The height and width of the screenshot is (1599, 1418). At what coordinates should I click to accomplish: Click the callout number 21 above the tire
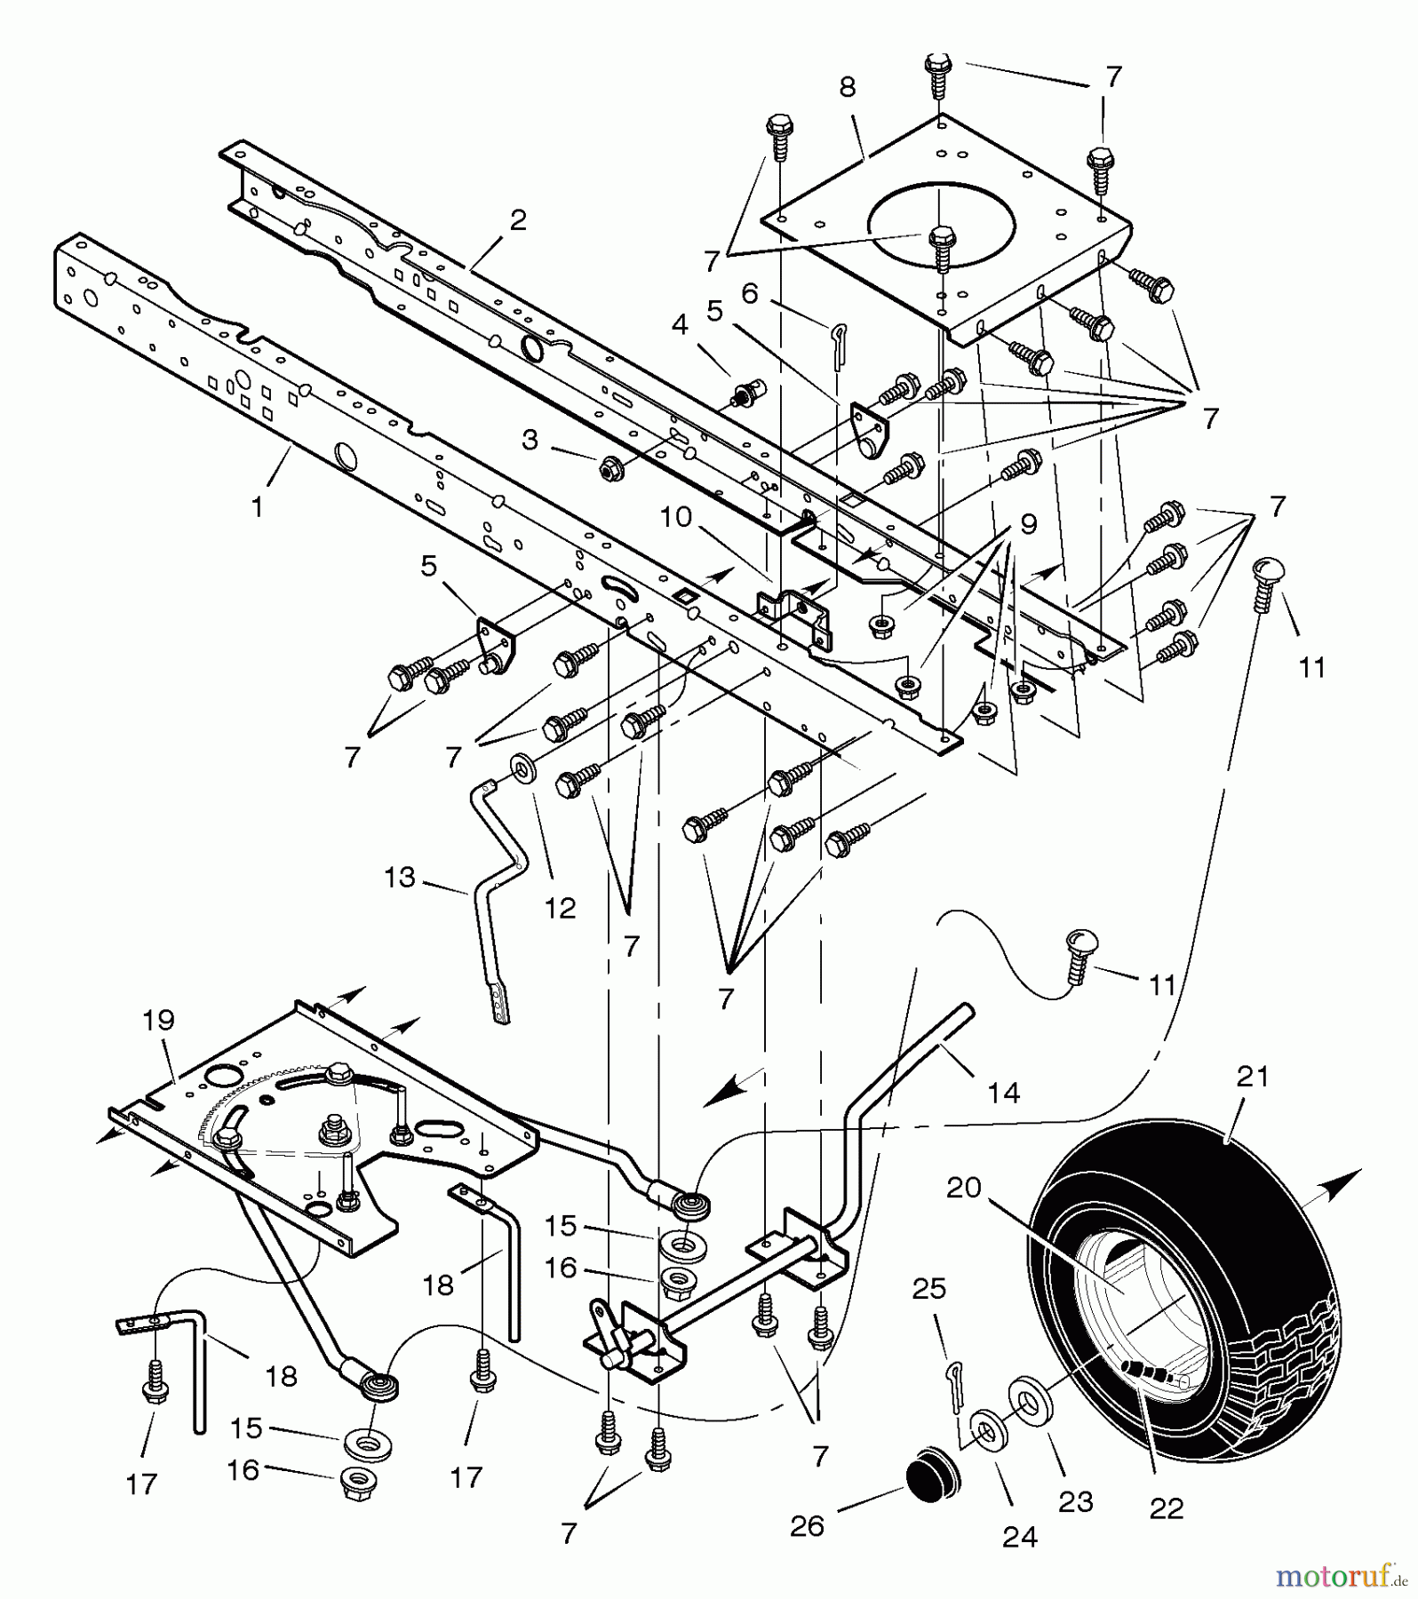click(1252, 1078)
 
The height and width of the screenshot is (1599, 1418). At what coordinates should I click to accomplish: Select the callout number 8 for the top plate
click(847, 87)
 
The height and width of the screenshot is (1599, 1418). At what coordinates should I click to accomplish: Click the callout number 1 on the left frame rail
click(257, 508)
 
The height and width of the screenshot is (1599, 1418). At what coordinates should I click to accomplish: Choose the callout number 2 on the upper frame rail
click(517, 219)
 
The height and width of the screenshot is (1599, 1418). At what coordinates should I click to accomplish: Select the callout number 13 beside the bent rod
click(399, 878)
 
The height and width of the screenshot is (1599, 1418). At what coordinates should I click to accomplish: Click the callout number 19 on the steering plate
click(157, 1020)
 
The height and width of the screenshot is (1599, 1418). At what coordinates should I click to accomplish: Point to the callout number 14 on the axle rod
click(1004, 1093)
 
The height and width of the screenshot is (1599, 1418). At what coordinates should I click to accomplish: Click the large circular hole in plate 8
click(942, 222)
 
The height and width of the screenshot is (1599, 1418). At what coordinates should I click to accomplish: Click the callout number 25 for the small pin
click(929, 1289)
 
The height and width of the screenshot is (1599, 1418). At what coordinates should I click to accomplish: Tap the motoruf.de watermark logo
click(1342, 1577)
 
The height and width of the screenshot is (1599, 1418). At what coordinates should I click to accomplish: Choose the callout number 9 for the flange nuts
click(1028, 524)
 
